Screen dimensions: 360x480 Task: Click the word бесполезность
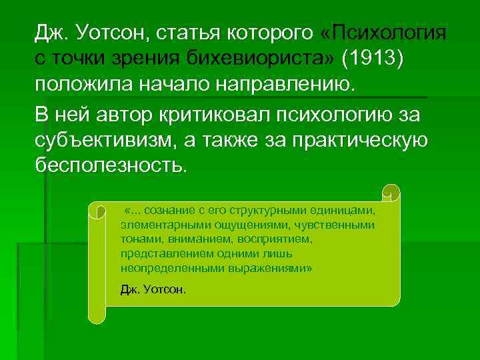(x=108, y=167)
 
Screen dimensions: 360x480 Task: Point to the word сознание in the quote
(x=175, y=211)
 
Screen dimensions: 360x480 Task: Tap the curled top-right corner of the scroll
(x=393, y=192)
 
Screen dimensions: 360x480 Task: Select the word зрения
(x=136, y=58)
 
